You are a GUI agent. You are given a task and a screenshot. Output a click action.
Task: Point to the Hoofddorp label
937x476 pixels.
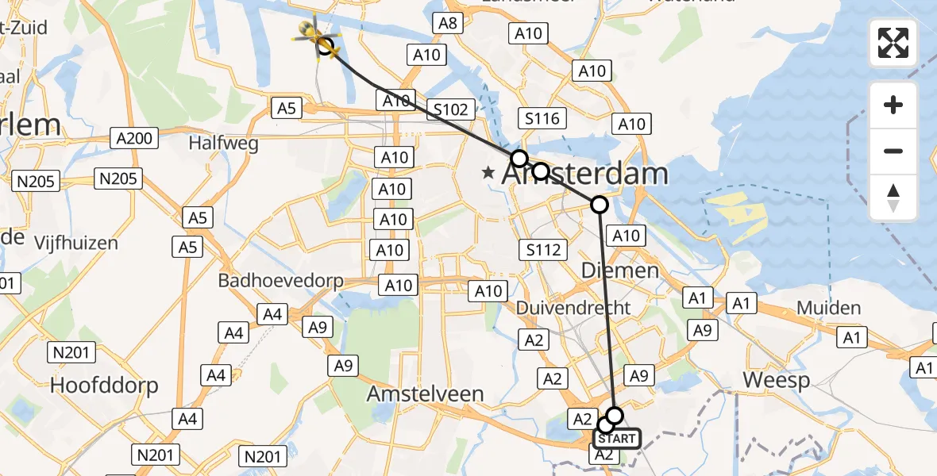[104, 386]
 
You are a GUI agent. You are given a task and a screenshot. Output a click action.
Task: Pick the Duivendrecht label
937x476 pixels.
[573, 308]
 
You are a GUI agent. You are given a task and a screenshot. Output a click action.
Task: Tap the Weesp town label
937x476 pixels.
[776, 381]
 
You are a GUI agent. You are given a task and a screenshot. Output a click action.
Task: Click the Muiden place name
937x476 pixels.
[828, 308]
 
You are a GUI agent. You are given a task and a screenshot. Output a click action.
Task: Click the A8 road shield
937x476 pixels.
[448, 23]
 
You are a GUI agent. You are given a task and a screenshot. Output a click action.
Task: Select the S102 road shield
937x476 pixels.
[451, 109]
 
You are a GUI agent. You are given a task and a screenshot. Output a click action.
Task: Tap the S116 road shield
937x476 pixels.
[543, 120]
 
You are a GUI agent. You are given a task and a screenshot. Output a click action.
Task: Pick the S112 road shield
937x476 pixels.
[544, 250]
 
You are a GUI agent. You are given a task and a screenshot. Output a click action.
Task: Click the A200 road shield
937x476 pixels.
[133, 139]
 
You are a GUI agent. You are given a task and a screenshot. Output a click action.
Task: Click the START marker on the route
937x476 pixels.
[617, 438]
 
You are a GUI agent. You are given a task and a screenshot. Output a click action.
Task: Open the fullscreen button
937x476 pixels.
[893, 43]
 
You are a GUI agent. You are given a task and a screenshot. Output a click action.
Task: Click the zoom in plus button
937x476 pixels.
[893, 105]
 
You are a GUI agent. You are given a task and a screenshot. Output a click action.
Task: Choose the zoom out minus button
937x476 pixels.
[893, 151]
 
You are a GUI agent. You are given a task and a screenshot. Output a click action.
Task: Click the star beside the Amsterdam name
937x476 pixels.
[488, 172]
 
